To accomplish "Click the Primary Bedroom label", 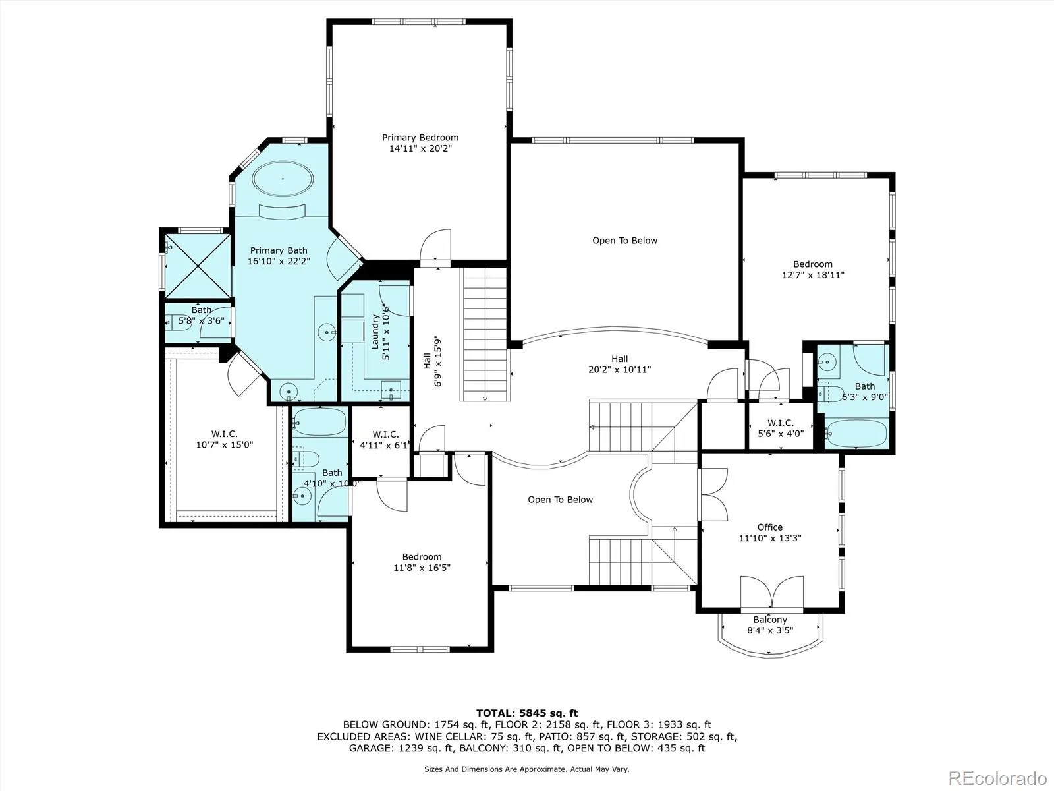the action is point(420,138).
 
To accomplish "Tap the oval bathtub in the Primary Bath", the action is point(283,179).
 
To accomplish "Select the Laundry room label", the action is point(375,332).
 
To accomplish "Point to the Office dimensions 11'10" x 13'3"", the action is point(769,538).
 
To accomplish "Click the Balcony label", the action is point(769,620).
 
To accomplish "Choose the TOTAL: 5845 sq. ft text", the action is point(527,713).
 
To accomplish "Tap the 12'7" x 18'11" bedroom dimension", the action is point(813,275).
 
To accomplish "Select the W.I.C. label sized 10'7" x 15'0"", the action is point(224,434).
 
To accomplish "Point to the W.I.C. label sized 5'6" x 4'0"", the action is point(781,423).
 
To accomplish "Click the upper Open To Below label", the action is point(624,240).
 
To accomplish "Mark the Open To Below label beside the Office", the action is point(561,500).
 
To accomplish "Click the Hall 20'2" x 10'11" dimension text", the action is point(619,369).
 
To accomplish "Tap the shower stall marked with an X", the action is point(198,266).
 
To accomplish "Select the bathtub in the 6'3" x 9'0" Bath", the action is point(856,433).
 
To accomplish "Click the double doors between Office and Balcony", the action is point(771,592).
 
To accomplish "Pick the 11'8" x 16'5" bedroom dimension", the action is point(422,567).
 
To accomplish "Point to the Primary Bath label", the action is point(279,250).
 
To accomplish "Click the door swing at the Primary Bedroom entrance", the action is point(435,245).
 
